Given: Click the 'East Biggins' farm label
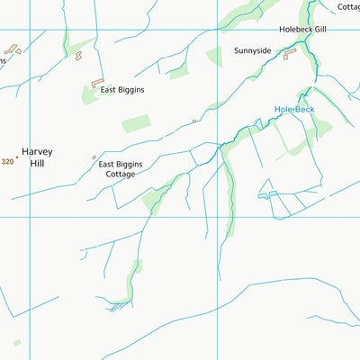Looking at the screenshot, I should click(122, 90).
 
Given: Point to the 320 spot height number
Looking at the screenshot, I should click(8, 161).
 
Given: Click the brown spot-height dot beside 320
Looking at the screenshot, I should click(16, 157).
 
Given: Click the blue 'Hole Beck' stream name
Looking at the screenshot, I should click(294, 110).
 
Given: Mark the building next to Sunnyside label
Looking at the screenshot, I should click(290, 55).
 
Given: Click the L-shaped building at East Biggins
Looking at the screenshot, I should click(95, 83).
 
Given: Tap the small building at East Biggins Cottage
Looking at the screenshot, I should click(94, 158).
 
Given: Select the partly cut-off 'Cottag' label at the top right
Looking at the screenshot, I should click(348, 6).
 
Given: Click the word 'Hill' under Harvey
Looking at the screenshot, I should click(37, 164).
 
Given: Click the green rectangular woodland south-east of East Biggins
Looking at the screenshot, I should click(137, 123).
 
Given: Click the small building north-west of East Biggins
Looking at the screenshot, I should click(77, 56).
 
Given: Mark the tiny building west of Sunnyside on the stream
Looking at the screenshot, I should click(194, 120).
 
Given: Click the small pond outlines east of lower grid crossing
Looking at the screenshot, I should click(267, 193).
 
